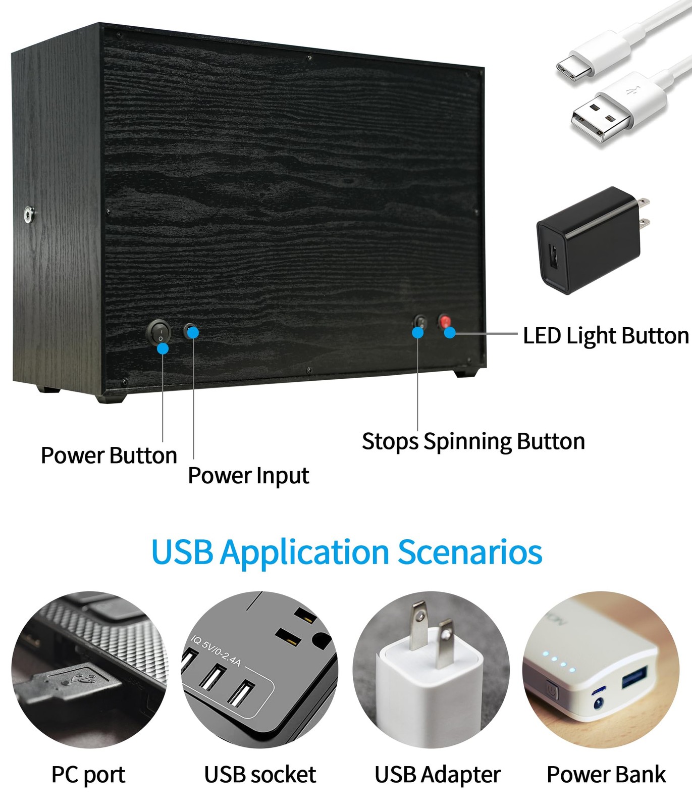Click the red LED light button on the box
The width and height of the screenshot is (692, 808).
(x=444, y=322)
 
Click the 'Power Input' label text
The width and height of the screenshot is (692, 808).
(x=248, y=476)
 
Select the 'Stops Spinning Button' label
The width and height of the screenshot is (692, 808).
(x=473, y=442)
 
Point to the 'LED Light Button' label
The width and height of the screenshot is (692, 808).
(x=606, y=336)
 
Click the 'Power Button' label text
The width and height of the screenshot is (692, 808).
(x=109, y=456)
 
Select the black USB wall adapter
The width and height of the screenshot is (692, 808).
(x=593, y=239)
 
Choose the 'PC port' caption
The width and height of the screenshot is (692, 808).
(x=88, y=775)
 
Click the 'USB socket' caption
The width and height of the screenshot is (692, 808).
(x=260, y=775)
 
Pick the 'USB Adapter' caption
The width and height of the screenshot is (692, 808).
(x=438, y=775)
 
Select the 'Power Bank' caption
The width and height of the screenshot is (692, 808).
(x=606, y=775)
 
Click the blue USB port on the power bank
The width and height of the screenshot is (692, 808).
(x=634, y=677)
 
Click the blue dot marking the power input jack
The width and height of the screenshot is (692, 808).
(x=193, y=332)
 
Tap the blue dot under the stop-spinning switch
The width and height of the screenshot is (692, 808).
(x=418, y=332)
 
